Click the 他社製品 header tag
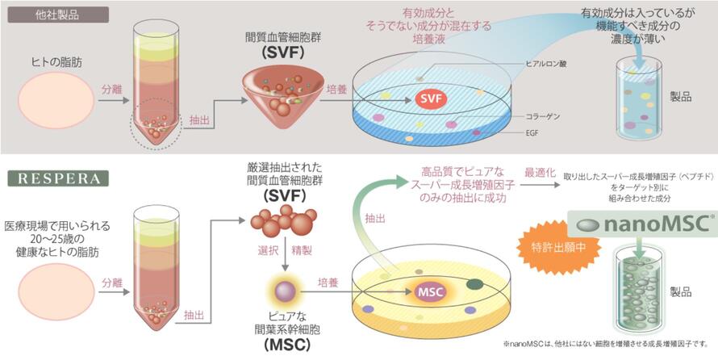coord(56,14)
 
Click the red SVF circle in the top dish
coord(432,98)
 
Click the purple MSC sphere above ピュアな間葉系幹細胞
coord(284,289)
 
